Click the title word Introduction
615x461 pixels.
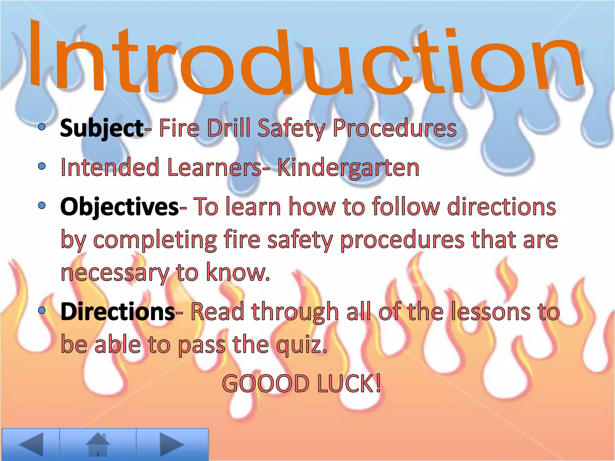click(x=306, y=60)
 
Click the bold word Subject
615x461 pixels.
click(x=101, y=128)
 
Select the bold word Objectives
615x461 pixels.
click(x=120, y=207)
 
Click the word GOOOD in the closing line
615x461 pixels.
click(x=265, y=384)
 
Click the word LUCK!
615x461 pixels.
click(x=349, y=384)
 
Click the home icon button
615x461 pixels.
click(x=98, y=444)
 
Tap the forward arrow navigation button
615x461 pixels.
click(x=172, y=444)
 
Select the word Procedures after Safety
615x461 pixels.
click(x=395, y=128)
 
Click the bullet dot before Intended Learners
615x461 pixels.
click(x=42, y=166)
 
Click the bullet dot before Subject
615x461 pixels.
click(x=42, y=127)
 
